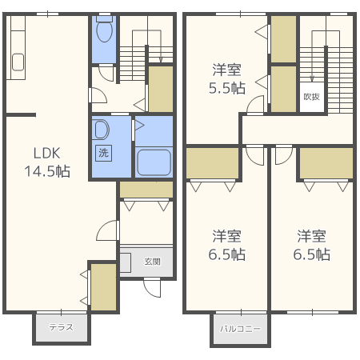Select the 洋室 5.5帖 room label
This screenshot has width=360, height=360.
click(x=228, y=78)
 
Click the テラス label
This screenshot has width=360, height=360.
click(x=61, y=327)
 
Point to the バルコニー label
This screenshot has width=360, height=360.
click(x=240, y=328)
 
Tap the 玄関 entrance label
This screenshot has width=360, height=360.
click(x=152, y=262)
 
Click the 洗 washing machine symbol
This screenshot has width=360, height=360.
click(x=104, y=152)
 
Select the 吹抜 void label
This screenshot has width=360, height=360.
click(x=312, y=97)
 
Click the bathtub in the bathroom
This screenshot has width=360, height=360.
click(x=154, y=162)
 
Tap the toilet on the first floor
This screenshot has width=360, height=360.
click(x=104, y=32)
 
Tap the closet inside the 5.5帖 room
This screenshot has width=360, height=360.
click(x=283, y=38)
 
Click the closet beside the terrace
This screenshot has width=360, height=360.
click(x=102, y=286)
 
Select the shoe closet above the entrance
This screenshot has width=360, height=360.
click(x=146, y=190)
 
